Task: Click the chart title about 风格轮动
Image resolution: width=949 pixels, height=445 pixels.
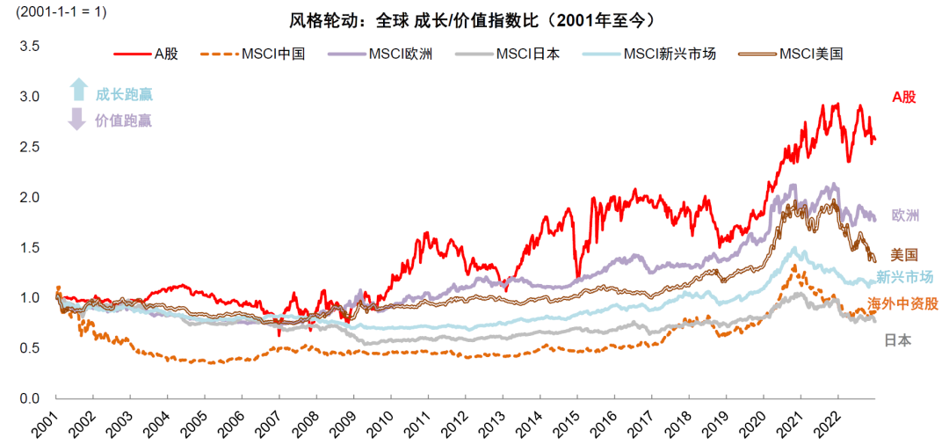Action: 474,18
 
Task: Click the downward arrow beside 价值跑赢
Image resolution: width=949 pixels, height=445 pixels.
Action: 78,119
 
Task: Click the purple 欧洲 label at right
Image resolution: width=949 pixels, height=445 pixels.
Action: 905,215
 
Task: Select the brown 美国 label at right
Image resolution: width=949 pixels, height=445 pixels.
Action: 904,255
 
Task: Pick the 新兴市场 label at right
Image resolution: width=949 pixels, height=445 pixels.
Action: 906,279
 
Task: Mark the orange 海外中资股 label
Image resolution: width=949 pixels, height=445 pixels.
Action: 903,304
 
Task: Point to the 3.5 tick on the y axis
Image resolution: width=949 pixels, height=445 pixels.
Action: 30,46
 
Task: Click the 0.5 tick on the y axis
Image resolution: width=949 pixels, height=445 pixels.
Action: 30,348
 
